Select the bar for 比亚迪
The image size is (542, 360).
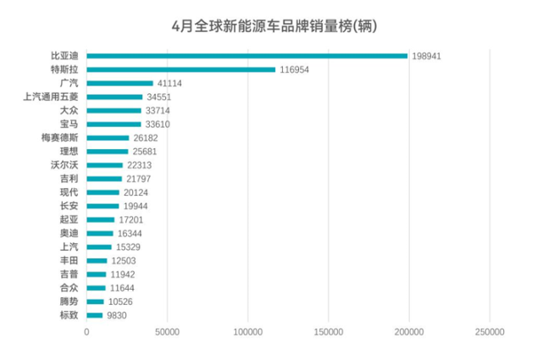(x=246, y=57)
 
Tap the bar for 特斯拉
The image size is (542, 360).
(x=180, y=70)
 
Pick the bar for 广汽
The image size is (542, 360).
(x=119, y=84)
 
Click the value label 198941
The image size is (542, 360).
(x=428, y=57)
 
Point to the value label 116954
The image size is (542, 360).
(x=295, y=70)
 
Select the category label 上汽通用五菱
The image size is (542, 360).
(x=51, y=97)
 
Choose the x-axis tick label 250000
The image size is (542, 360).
(x=489, y=332)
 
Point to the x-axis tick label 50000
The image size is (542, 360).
(x=167, y=332)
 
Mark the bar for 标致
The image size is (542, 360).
(x=94, y=315)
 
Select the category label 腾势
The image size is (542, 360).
(x=69, y=302)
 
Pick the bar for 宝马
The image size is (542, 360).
(x=113, y=125)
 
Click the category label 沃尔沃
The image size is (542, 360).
(x=64, y=165)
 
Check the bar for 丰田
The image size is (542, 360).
(x=97, y=261)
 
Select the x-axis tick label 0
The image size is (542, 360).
(x=86, y=332)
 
